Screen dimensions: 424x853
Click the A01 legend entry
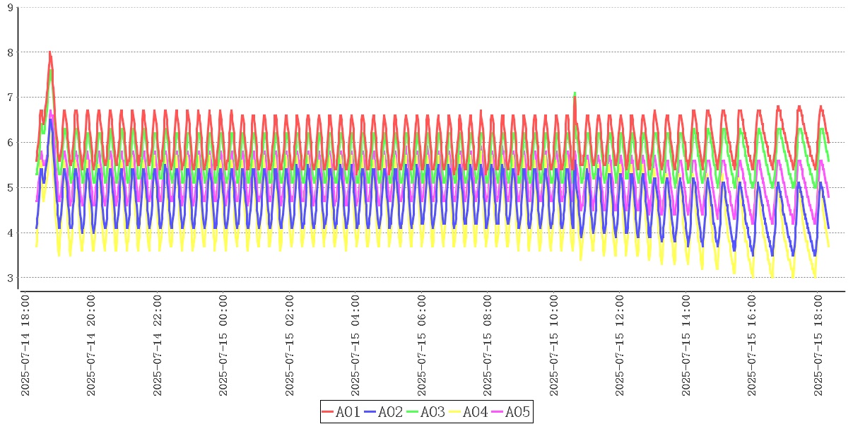pos(341,412)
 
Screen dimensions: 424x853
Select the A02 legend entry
pos(384,412)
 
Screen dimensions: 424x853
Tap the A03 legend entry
pos(426,412)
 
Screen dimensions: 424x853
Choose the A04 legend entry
pos(469,412)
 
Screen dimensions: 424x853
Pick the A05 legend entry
pos(511,412)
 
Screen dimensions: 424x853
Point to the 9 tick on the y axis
pos(10,7)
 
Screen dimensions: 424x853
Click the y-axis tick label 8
pos(10,52)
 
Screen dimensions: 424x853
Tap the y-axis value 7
pos(10,98)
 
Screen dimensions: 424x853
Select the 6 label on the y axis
pos(10,143)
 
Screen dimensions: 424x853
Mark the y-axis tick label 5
pos(10,188)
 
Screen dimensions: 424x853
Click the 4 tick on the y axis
pos(10,233)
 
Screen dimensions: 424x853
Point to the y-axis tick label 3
pos(10,278)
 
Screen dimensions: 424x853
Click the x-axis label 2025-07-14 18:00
pos(25,346)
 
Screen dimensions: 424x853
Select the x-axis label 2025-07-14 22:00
pos(158,346)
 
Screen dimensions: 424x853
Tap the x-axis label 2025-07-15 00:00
pos(224,346)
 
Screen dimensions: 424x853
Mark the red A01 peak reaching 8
pos(49,52)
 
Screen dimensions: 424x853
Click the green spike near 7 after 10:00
pos(575,93)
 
